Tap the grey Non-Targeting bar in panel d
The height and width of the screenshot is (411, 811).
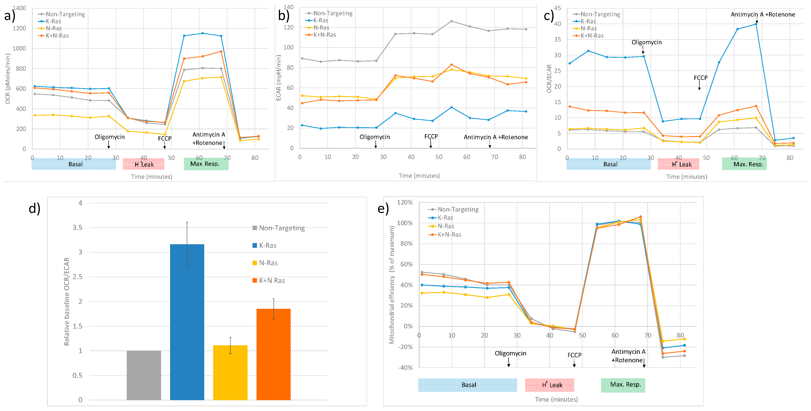[x=144, y=375]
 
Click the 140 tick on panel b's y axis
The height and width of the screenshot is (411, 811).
[x=288, y=7]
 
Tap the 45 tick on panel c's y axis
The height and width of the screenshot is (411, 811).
[x=557, y=8]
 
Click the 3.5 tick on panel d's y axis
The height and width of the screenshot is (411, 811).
[x=77, y=228]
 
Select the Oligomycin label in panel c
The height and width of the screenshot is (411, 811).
[x=646, y=42]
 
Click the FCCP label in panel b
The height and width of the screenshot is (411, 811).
[x=431, y=136]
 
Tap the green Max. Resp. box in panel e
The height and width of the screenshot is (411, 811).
[x=623, y=385]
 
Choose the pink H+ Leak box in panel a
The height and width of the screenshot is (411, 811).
[x=143, y=164]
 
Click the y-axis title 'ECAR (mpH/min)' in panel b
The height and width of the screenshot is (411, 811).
[x=278, y=78]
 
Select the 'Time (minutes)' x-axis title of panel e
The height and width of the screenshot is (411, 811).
[x=556, y=399]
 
